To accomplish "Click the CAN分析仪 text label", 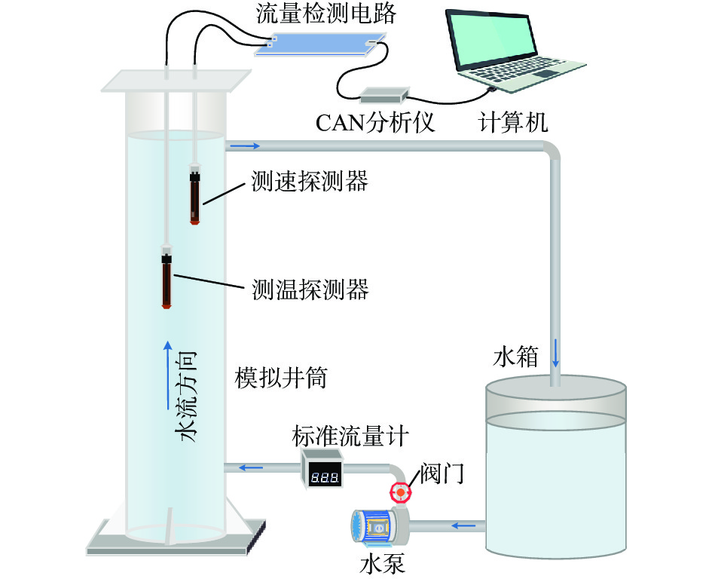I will pos(375,121).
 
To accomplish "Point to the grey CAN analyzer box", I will pos(384,95).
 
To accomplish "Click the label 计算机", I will pos(513,121).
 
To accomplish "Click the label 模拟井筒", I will pos(280,378).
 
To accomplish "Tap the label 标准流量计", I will pos(337,436).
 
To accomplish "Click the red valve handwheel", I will pos(401,493).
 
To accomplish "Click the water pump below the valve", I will pos(376,526).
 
